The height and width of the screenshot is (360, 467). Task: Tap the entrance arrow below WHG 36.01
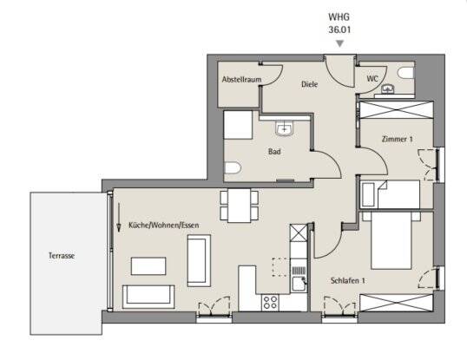pyautogui.click(x=340, y=43)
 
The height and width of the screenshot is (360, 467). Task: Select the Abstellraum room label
pyautogui.click(x=241, y=79)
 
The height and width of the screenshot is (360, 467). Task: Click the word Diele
pyautogui.click(x=309, y=85)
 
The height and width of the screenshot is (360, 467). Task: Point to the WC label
pyautogui.click(x=372, y=79)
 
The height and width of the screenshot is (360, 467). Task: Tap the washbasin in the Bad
pyautogui.click(x=286, y=129)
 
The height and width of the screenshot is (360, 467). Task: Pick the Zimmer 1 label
pyautogui.click(x=398, y=139)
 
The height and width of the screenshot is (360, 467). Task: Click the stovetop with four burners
pyautogui.click(x=269, y=302)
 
